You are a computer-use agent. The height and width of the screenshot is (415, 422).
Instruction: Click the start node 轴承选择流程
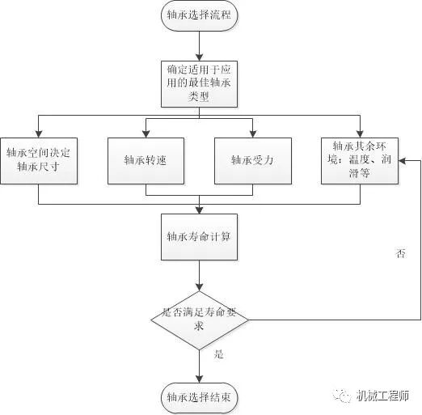click(x=199, y=15)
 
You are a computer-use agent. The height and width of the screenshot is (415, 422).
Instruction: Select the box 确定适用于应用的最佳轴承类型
click(x=199, y=83)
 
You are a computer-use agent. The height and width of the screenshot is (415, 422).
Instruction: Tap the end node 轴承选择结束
click(x=199, y=396)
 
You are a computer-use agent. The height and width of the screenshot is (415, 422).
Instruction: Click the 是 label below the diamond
click(x=218, y=354)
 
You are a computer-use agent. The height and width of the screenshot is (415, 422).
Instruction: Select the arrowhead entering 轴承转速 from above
click(x=146, y=132)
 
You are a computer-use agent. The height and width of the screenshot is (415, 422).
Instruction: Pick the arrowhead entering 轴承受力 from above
click(x=253, y=132)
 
